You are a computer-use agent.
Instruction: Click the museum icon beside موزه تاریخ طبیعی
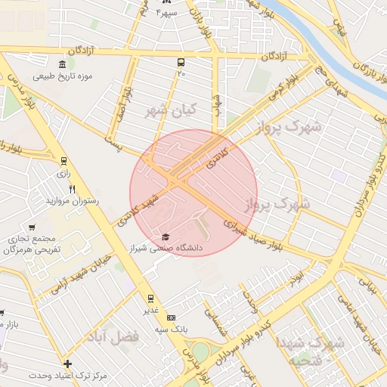coord(62,64)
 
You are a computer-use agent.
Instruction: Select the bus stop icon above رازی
coord(63,161)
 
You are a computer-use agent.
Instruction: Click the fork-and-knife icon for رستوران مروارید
coord(73,189)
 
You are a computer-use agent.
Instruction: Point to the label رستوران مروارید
coord(69,201)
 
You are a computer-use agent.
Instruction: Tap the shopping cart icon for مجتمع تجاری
coord(32,227)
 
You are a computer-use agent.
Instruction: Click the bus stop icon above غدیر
coord(150,298)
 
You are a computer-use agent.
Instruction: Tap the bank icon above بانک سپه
coord(172,318)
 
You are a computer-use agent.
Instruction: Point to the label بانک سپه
coord(172,329)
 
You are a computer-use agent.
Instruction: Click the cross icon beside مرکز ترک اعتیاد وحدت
coord(68,364)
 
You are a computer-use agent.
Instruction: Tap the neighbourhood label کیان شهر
coord(169,110)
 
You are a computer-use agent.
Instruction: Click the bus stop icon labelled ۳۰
coord(181,63)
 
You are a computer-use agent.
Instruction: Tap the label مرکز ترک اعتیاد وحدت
coord(68,375)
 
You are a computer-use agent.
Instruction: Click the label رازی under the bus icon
coord(63,173)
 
